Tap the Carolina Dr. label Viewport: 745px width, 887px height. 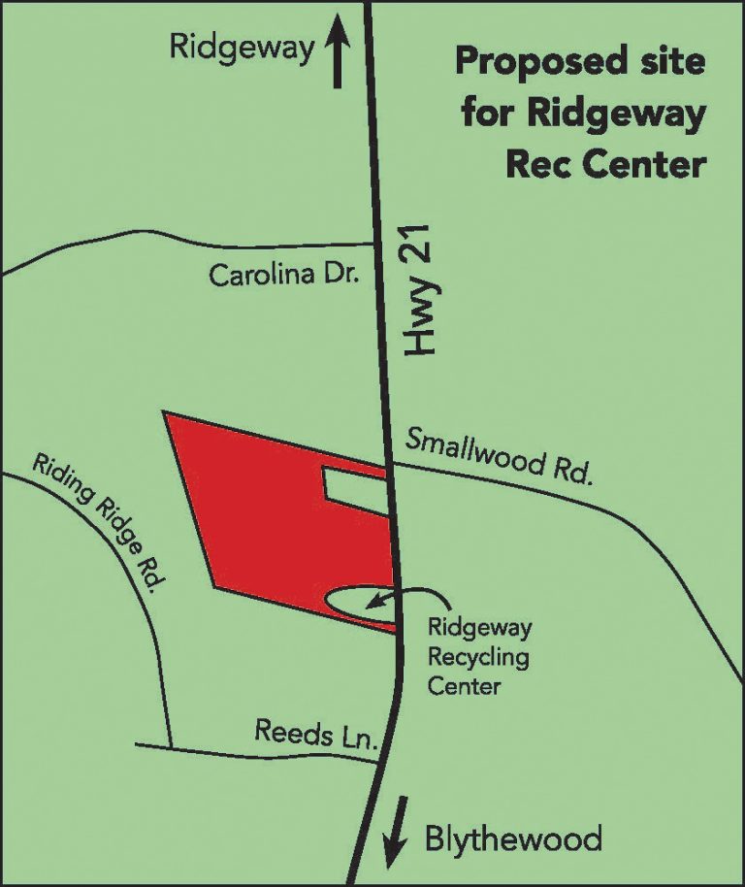click(284, 276)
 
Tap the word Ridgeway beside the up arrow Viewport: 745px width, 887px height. click(242, 48)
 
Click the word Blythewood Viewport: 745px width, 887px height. click(513, 838)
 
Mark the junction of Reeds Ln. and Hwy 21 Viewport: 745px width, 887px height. click(378, 761)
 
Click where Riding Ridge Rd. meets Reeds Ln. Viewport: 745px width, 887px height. click(170, 746)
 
